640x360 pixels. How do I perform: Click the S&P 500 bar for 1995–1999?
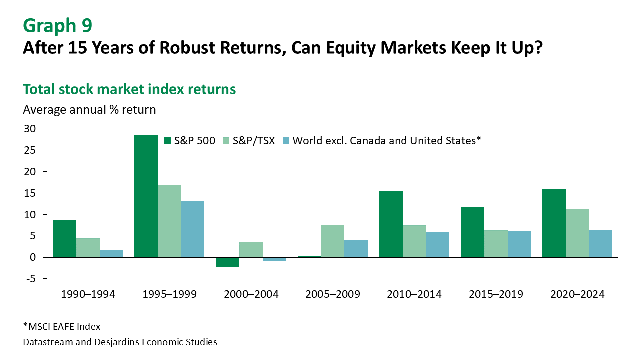146,196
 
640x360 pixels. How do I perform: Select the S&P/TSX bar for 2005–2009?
332,241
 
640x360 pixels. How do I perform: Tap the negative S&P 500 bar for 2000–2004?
227,262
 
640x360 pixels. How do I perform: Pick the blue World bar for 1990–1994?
111,253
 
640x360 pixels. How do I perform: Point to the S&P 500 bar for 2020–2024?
554,223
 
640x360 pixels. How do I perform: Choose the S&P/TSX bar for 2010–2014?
414,241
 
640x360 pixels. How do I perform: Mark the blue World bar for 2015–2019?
519,244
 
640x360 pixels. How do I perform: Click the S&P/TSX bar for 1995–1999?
169,221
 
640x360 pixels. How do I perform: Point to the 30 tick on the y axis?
30,129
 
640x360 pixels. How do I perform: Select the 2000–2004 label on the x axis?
251,294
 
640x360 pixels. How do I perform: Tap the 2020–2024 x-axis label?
577,294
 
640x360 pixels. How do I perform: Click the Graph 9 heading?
57,25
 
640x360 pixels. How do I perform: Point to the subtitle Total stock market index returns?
129,89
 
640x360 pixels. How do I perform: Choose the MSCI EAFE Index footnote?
62,327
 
